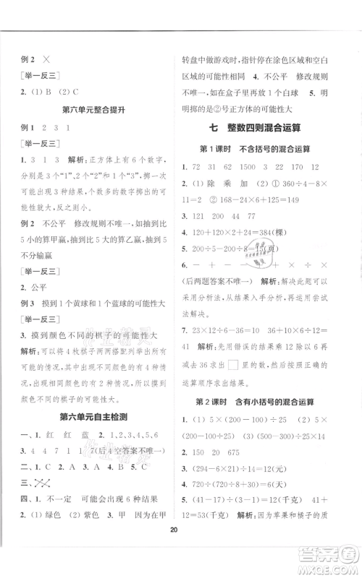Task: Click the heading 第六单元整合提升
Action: tap(90, 110)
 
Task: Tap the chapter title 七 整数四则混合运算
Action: tap(264, 128)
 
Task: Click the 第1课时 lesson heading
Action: tap(264, 149)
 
